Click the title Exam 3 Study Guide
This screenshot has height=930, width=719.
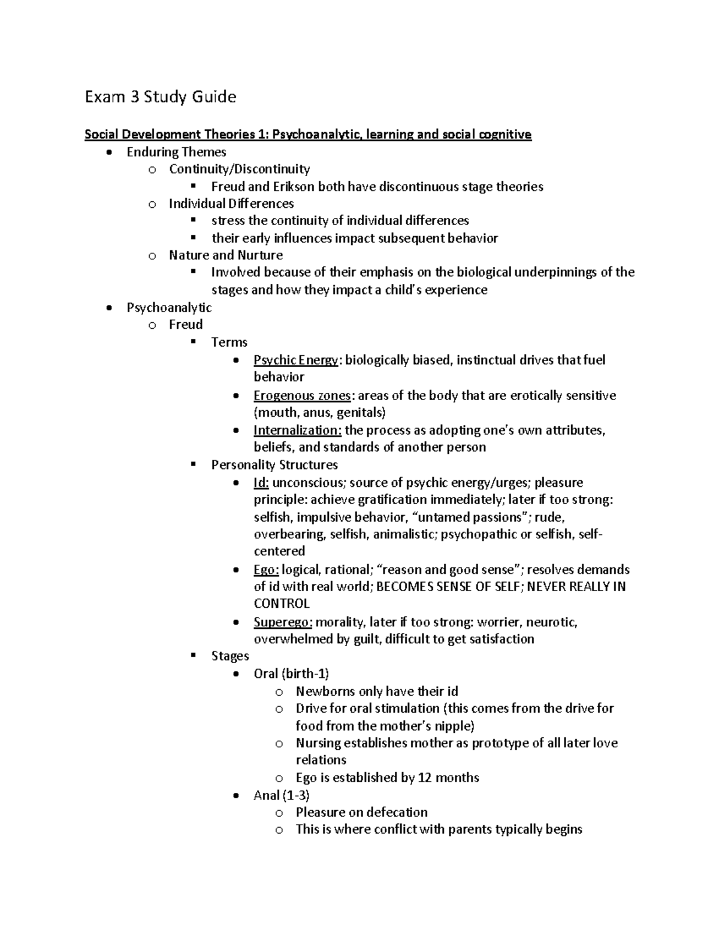[160, 97]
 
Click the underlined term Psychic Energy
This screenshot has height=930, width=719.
[296, 360]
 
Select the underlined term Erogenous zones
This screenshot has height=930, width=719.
[302, 396]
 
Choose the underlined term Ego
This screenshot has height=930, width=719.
[266, 569]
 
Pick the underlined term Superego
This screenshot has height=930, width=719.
[283, 622]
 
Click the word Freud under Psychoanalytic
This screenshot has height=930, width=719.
[186, 325]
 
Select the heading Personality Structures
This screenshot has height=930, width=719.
[274, 465]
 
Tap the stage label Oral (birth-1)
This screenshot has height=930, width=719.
[291, 674]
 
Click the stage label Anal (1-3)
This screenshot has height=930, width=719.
[282, 795]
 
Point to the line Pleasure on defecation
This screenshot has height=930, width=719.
[361, 813]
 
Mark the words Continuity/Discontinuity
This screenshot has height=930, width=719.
[239, 169]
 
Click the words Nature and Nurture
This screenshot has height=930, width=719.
[226, 255]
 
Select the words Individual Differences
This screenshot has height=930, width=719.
[231, 204]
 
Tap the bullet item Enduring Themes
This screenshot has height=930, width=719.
[176, 152]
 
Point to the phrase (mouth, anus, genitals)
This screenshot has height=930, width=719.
[319, 413]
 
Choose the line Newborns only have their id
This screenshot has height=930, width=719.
[377, 691]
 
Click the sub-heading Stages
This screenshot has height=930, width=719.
[230, 656]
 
